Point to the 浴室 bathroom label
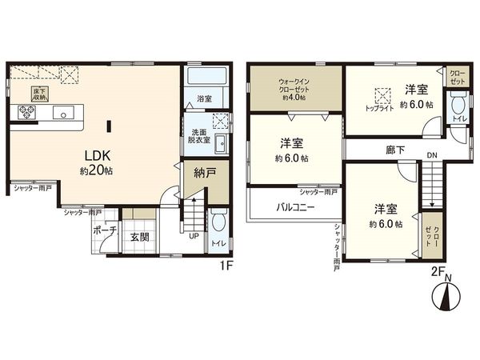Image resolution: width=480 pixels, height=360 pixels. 204,99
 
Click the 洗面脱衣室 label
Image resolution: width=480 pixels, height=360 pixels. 199,135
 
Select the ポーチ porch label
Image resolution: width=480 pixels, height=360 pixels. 104,230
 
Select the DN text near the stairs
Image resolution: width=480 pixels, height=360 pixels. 431,155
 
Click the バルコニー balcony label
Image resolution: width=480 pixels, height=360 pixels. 295,206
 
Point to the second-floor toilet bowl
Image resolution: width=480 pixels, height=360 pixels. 458,106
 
